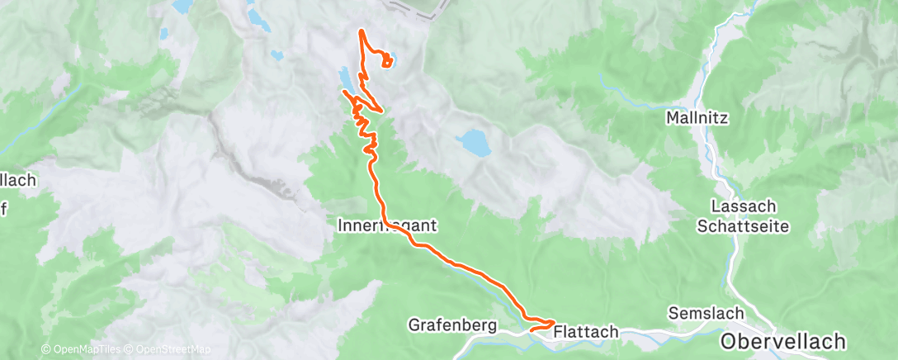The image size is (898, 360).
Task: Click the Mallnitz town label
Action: (x=696, y=119)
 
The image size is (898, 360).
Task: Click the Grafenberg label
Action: (x=452, y=326)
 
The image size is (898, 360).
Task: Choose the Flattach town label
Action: (x=585, y=331)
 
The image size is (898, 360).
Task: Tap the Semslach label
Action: (x=706, y=314)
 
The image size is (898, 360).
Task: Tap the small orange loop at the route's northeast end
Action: (x=387, y=62)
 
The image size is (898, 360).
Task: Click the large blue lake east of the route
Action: (x=474, y=143)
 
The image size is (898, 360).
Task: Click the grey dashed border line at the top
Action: (x=413, y=10)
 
